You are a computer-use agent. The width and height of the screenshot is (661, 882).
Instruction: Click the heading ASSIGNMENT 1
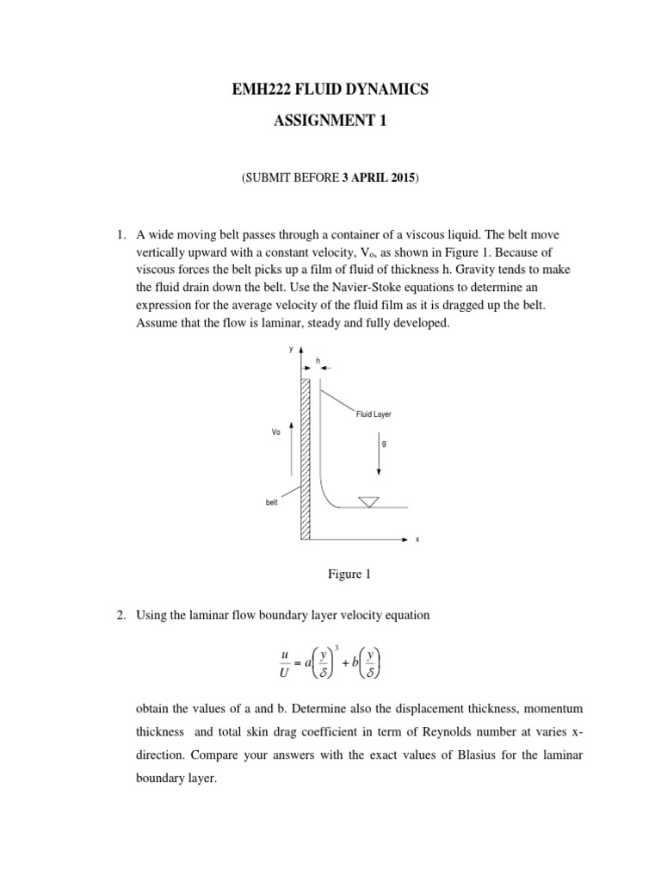pos(331,121)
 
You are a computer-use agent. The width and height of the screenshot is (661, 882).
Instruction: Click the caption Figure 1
pos(330,575)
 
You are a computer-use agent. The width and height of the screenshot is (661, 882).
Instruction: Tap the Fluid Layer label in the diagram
pos(374,414)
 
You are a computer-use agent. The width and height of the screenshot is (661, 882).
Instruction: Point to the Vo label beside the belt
pos(276,432)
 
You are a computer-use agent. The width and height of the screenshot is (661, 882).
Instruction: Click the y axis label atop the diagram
pos(291,348)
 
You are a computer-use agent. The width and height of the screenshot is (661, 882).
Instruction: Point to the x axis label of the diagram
pos(417,539)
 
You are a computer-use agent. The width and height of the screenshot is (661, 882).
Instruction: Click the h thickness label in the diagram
pos(317,360)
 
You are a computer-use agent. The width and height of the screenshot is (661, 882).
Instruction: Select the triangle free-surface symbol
pos(369,501)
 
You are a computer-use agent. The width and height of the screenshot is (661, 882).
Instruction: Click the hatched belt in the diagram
pos(306,457)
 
